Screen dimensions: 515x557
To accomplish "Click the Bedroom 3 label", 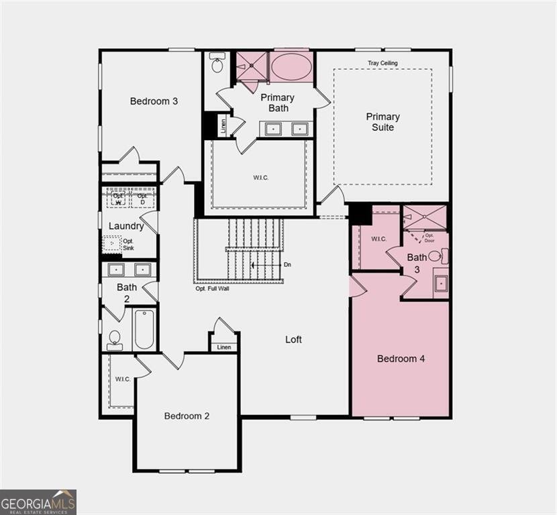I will (x=154, y=101).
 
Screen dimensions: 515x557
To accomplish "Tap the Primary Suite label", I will (x=383, y=122).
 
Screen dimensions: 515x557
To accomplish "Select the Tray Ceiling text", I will (x=383, y=63).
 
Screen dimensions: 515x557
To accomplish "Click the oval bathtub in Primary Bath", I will (x=289, y=67).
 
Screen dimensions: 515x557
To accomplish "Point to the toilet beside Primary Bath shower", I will (x=217, y=64).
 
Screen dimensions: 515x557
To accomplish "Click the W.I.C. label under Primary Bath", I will (x=261, y=177).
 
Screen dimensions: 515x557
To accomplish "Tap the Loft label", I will (x=293, y=339).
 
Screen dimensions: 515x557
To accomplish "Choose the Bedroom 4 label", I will (x=401, y=359).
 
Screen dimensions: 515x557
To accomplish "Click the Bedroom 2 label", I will (x=187, y=416).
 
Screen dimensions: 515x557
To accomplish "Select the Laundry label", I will (x=126, y=226).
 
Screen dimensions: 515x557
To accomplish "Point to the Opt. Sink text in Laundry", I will (x=128, y=244).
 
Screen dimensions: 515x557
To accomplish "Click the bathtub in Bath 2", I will (x=144, y=329).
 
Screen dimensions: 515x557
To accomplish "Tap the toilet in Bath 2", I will (x=115, y=339).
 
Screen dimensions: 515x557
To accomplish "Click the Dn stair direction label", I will (x=287, y=265).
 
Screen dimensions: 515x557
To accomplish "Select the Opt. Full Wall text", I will (x=214, y=289).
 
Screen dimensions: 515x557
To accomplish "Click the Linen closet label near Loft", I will (x=223, y=347).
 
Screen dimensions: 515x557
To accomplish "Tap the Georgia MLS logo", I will (x=38, y=502).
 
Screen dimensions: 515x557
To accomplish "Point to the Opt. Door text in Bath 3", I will (x=429, y=237).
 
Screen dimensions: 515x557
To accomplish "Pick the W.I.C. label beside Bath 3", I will (x=378, y=239).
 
